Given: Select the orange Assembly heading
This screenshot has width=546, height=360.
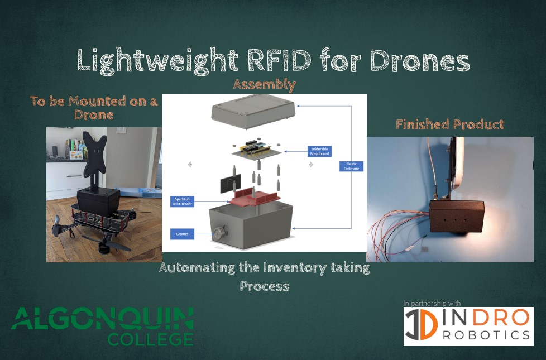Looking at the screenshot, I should click(264, 85).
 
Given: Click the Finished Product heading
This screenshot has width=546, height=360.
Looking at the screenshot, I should click(450, 124).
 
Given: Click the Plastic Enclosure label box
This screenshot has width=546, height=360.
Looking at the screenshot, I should click(351, 166).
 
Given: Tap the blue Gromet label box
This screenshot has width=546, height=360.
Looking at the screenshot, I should click(182, 233).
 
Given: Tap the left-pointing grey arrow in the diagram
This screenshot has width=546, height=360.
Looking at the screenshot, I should click(190, 165).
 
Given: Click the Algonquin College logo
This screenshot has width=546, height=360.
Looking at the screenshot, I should click(103, 326).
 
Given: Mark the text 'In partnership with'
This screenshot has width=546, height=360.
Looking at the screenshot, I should click(432, 303).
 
